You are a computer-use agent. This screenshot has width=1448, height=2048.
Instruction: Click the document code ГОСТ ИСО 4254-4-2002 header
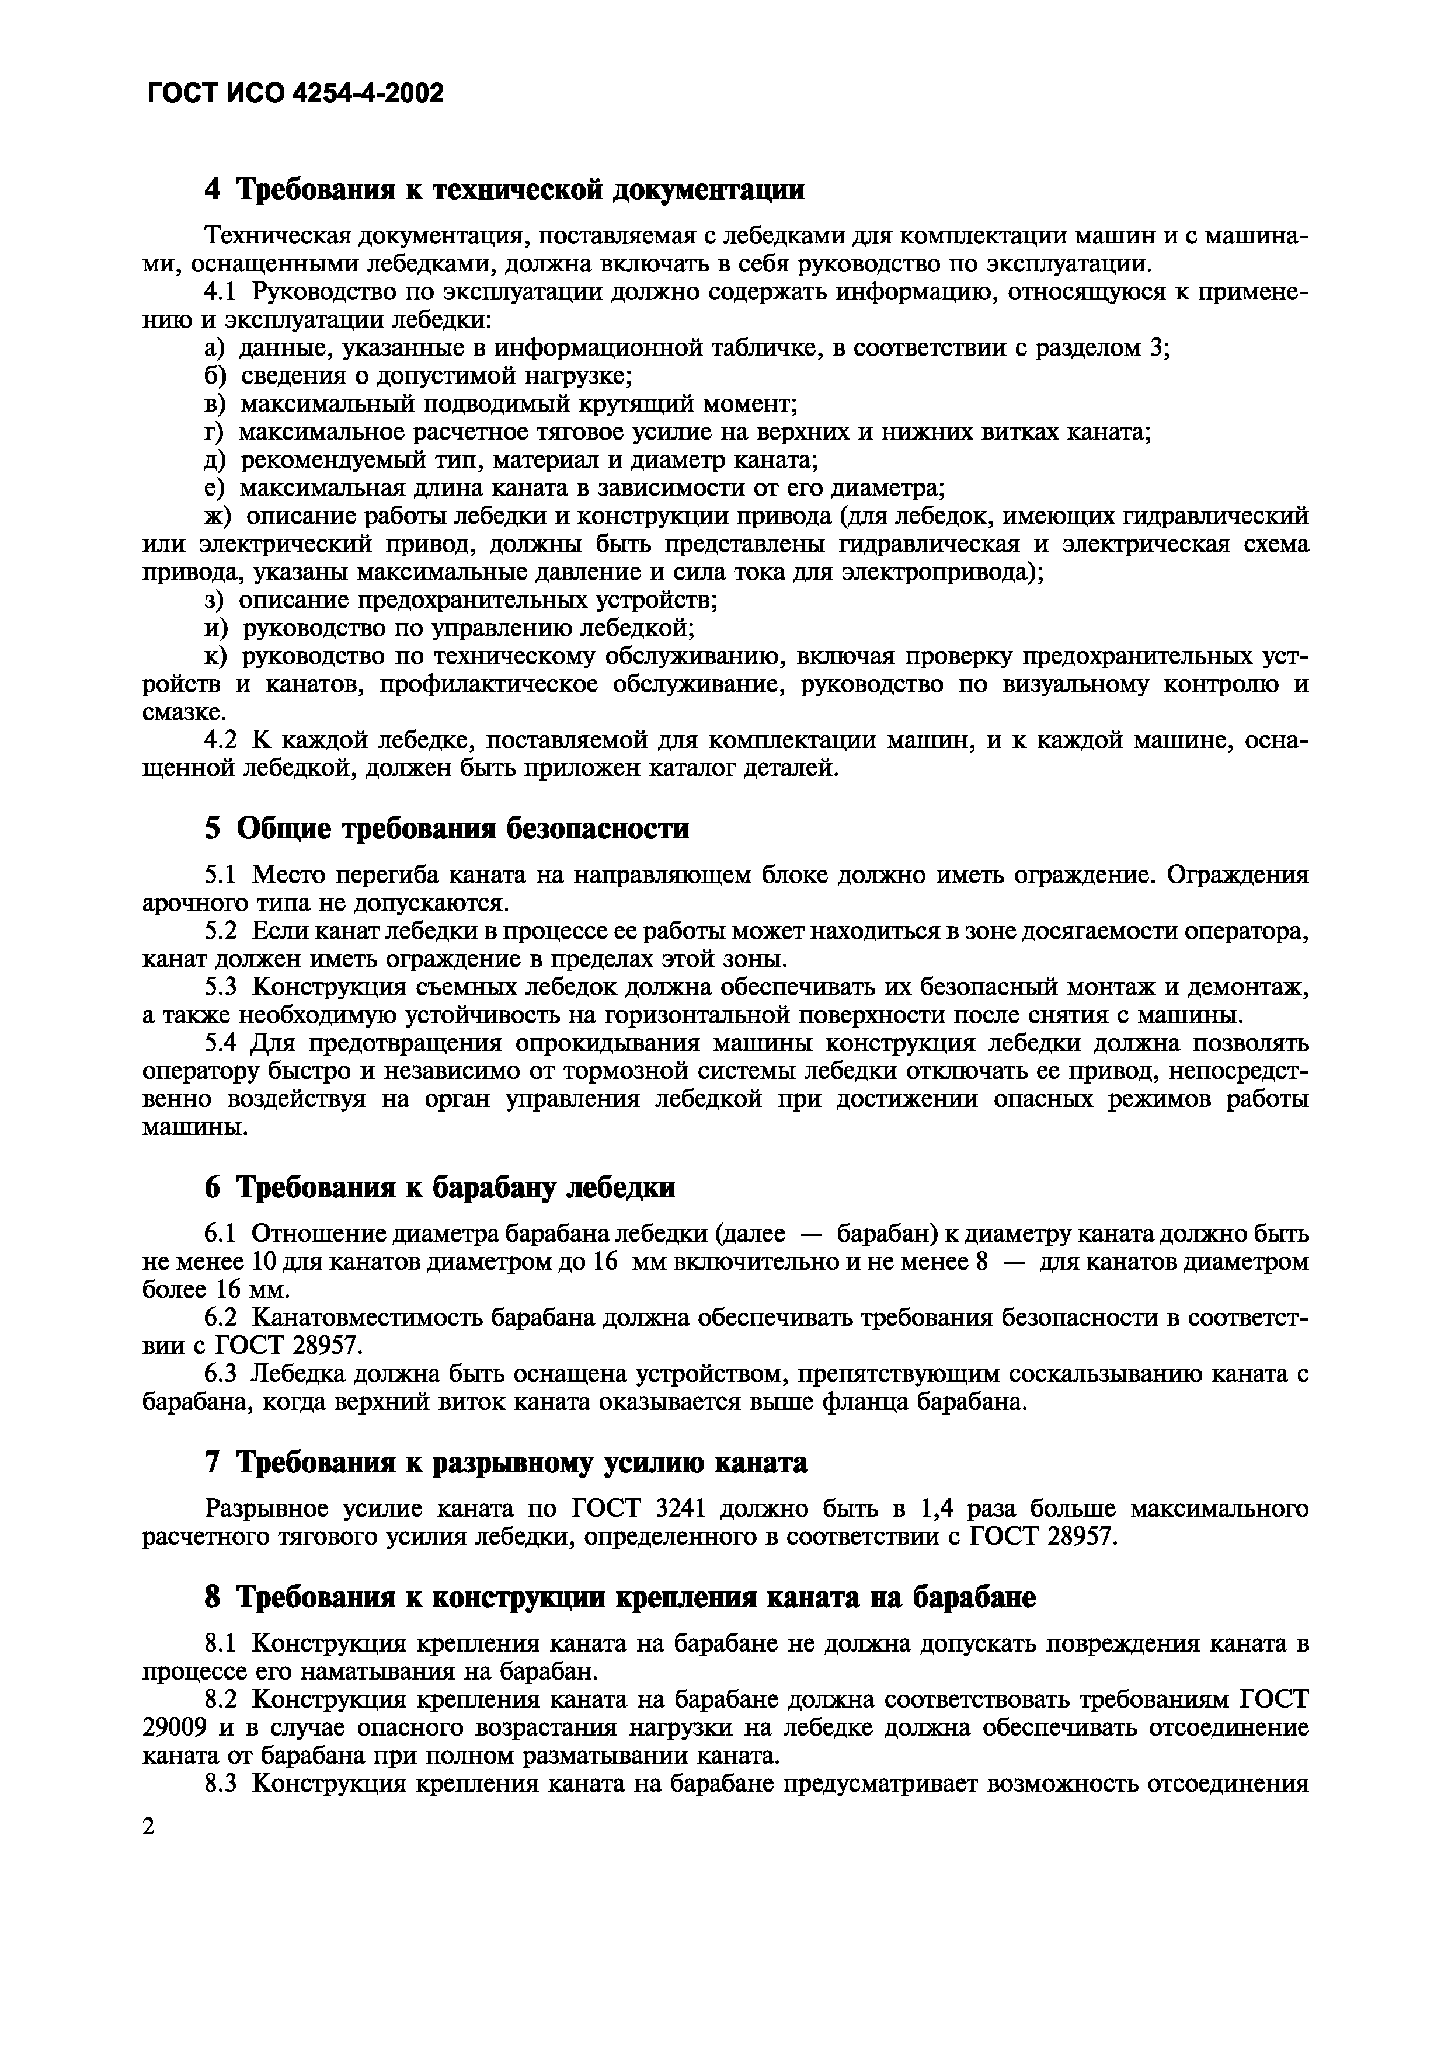(x=294, y=93)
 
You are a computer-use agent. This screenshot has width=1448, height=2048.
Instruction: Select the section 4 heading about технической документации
(x=504, y=189)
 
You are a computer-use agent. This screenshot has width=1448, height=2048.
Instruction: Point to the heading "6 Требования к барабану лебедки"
(x=439, y=1187)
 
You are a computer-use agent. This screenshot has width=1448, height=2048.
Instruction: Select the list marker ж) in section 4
(x=218, y=517)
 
